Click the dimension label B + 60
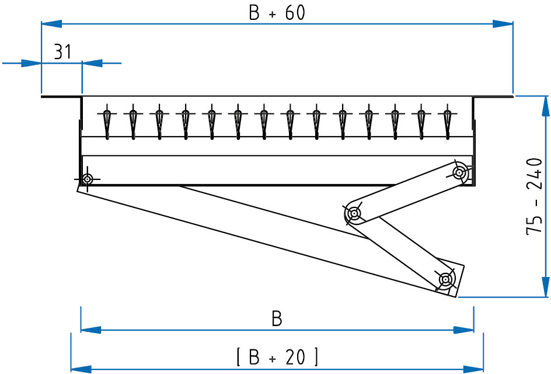point(277,13)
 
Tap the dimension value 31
point(62,52)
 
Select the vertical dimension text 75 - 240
point(535,196)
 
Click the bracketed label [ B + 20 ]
point(277,356)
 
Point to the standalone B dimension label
point(277,318)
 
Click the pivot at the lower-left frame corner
point(87,179)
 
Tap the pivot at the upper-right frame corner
point(460,172)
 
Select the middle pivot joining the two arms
point(353,214)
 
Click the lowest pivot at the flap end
point(445,279)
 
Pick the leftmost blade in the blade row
point(106,123)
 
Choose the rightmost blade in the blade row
point(448,123)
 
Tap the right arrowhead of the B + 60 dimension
point(503,24)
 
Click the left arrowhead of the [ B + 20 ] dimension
point(81,368)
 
